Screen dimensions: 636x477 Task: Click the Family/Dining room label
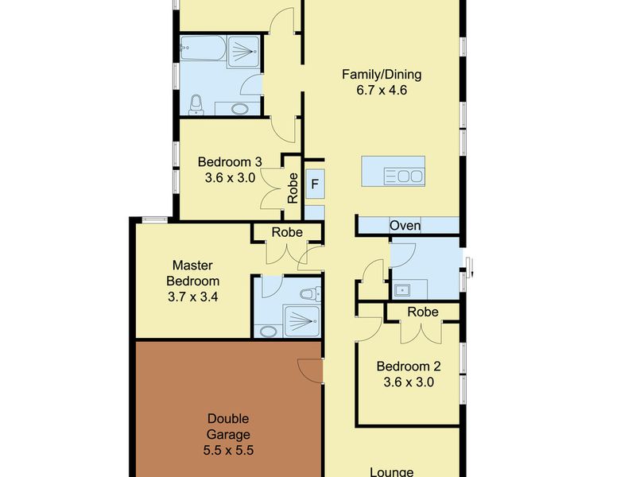pyautogui.click(x=382, y=75)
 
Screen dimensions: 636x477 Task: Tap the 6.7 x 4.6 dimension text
pyautogui.click(x=382, y=90)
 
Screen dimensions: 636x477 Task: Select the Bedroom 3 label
pyautogui.click(x=230, y=162)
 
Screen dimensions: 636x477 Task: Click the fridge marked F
pyautogui.click(x=315, y=184)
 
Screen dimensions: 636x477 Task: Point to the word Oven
pyautogui.click(x=405, y=226)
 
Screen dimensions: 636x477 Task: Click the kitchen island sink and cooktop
pyautogui.click(x=404, y=176)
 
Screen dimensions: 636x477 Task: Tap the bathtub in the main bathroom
pyautogui.click(x=202, y=48)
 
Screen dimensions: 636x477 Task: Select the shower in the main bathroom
pyautogui.click(x=243, y=52)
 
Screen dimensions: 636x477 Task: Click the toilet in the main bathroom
pyautogui.click(x=196, y=105)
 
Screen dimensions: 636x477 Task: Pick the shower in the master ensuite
pyautogui.click(x=302, y=321)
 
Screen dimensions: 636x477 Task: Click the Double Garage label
pyautogui.click(x=228, y=426)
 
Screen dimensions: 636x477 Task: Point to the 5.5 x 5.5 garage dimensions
pyautogui.click(x=228, y=450)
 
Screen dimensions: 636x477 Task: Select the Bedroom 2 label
pyautogui.click(x=409, y=366)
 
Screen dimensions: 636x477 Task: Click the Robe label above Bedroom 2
pyautogui.click(x=423, y=312)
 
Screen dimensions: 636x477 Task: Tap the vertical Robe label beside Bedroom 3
pyautogui.click(x=293, y=188)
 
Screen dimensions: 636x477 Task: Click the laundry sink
pyautogui.click(x=402, y=290)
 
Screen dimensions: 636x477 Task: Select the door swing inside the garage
pyautogui.click(x=310, y=370)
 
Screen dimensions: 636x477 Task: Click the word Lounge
pyautogui.click(x=391, y=471)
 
